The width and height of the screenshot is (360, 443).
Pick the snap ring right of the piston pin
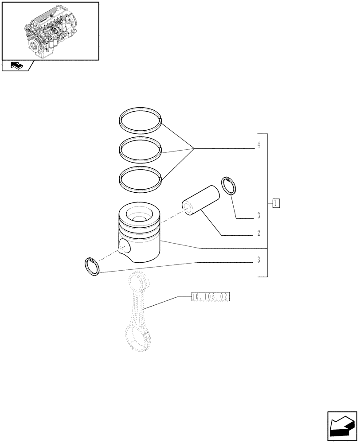pyautogui.click(x=229, y=185)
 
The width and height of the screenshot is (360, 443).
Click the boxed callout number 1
pyautogui.click(x=276, y=203)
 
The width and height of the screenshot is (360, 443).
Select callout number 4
pyautogui.click(x=258, y=145)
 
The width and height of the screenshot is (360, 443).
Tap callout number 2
pyautogui.click(x=258, y=233)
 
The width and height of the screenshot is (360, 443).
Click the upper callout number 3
pyautogui.click(x=258, y=217)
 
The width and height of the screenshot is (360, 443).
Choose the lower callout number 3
pyautogui.click(x=258, y=260)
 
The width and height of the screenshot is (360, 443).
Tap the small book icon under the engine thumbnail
pyautogui.click(x=16, y=66)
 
